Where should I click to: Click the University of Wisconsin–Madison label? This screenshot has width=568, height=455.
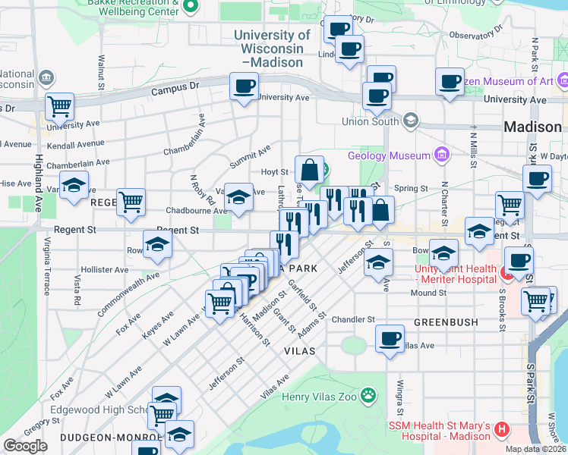coord(272,48)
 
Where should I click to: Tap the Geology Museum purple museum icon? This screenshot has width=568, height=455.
coord(442,155)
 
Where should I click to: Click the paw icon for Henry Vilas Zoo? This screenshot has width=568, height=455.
coord(368,395)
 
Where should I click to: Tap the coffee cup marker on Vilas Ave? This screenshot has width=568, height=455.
coord(390,337)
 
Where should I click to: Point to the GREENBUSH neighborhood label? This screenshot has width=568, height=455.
coord(446,322)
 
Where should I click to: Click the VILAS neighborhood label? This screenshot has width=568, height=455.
coord(299,352)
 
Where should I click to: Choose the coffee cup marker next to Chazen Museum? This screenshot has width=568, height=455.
coord(450,80)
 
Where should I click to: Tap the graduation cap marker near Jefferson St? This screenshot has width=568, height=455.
coord(377,262)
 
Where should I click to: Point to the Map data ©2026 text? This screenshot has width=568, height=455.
coord(535,449)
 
